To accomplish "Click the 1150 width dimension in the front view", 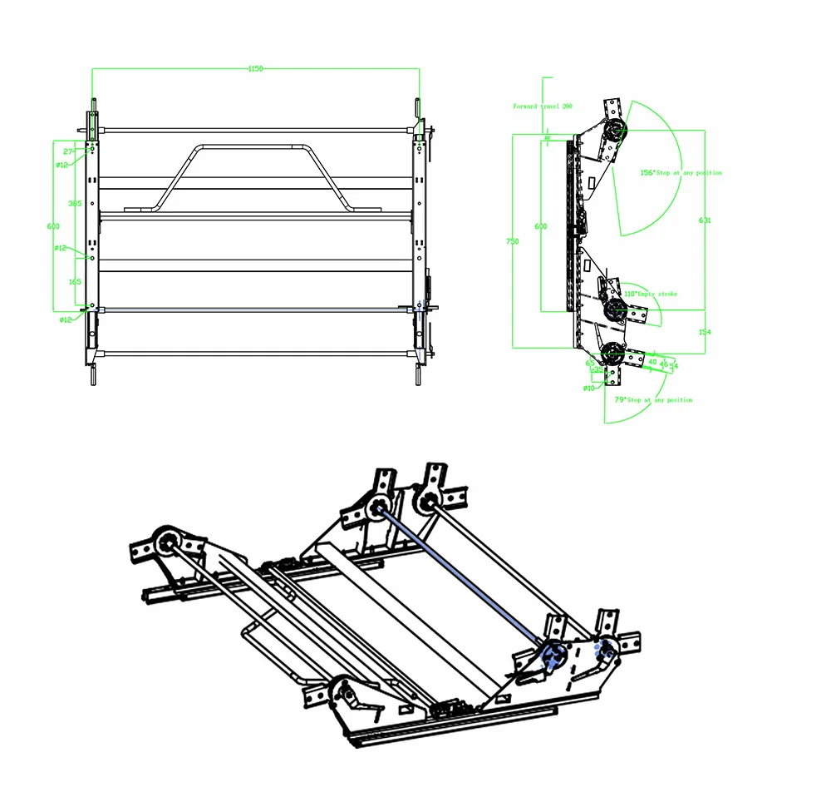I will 255,69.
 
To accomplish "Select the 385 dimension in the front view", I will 75,203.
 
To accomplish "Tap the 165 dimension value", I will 75,282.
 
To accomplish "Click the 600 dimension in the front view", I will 53,225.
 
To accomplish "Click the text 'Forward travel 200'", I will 543,106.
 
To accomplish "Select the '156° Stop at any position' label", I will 681,173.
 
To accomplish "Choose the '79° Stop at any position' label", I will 652,400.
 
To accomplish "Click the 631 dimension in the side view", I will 705,220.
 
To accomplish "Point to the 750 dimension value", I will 513,241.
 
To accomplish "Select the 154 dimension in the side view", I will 705,332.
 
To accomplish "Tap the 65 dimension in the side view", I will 590,363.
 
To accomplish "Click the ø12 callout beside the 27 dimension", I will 62,165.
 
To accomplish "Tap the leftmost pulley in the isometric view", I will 163,542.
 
